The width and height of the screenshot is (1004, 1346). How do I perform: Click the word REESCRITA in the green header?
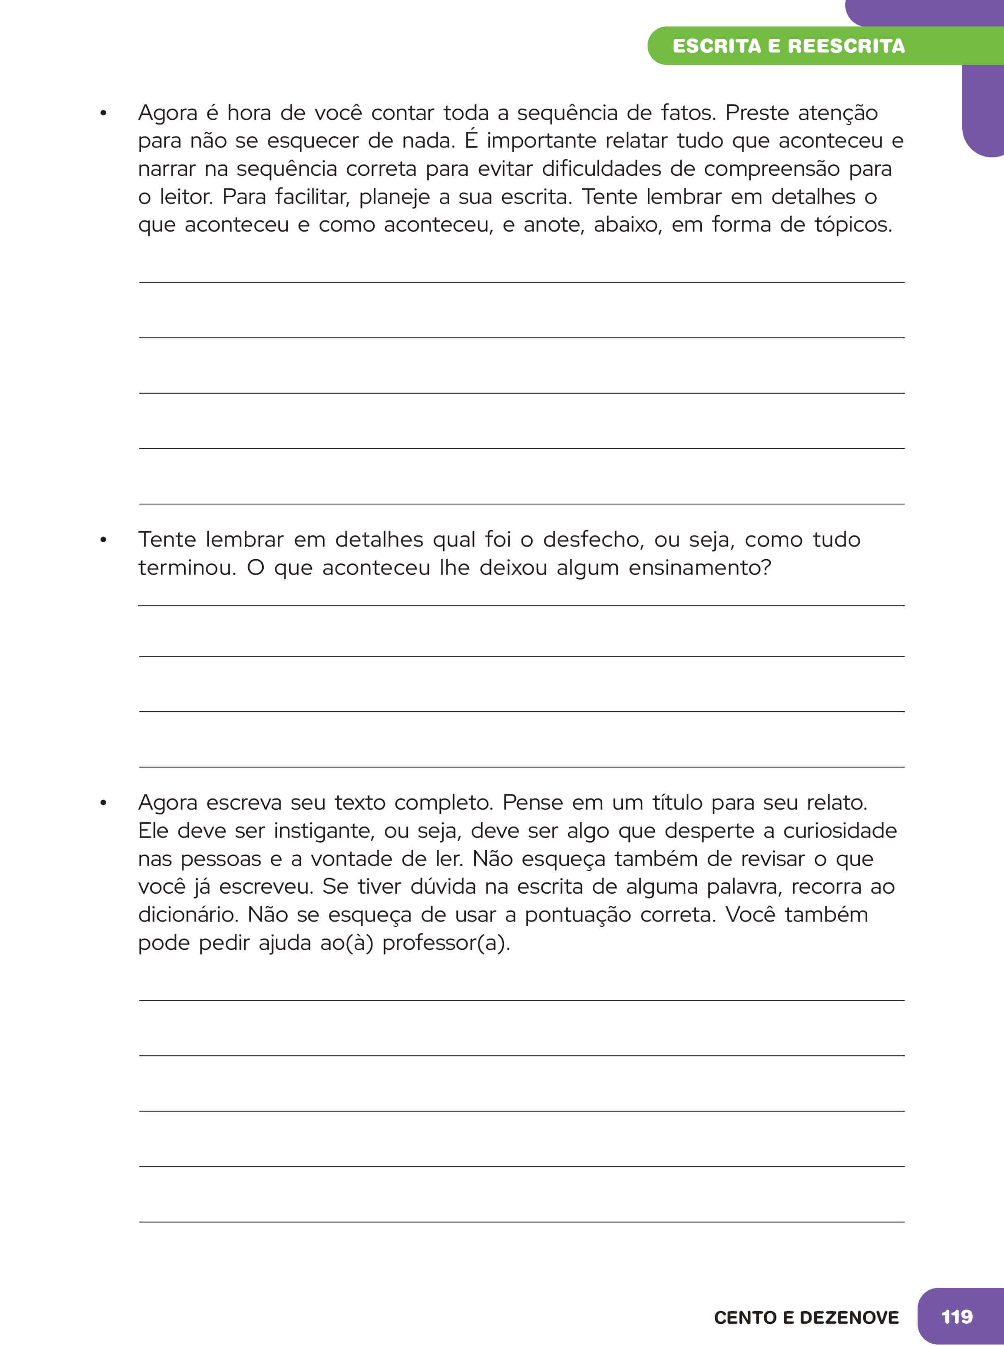point(846,46)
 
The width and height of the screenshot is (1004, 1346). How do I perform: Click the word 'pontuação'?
point(577,916)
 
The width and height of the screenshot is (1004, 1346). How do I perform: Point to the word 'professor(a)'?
point(446,943)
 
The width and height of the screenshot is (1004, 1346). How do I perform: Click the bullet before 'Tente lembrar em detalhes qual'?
point(103,540)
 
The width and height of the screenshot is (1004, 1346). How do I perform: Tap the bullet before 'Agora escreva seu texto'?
point(103,803)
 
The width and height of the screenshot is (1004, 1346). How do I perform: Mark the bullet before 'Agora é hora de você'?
point(103,113)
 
